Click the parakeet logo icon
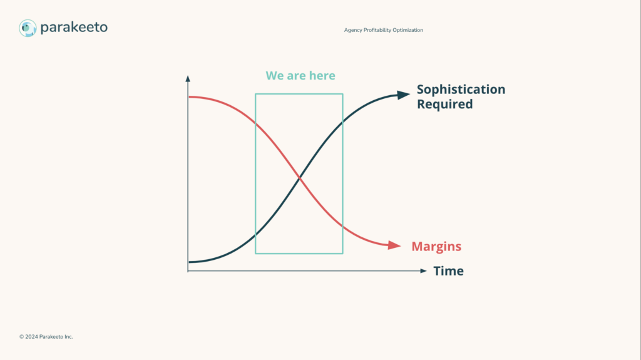tap(28, 28)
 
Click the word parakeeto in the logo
tap(74, 28)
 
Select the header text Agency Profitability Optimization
tap(384, 30)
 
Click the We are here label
tap(300, 76)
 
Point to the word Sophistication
tap(461, 90)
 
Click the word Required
tap(445, 104)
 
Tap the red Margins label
tap(436, 246)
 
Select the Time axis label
tap(448, 271)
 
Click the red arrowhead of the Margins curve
tap(394, 245)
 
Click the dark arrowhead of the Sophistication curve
tap(404, 95)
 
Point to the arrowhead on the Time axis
tap(424, 271)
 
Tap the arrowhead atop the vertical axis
tap(188, 78)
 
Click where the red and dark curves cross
tap(299, 178)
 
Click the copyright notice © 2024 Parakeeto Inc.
tap(46, 337)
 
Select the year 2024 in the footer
tap(31, 337)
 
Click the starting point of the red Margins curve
tap(189, 97)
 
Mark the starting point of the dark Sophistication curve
tap(189, 262)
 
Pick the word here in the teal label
tap(322, 76)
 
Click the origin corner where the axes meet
tap(188, 271)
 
